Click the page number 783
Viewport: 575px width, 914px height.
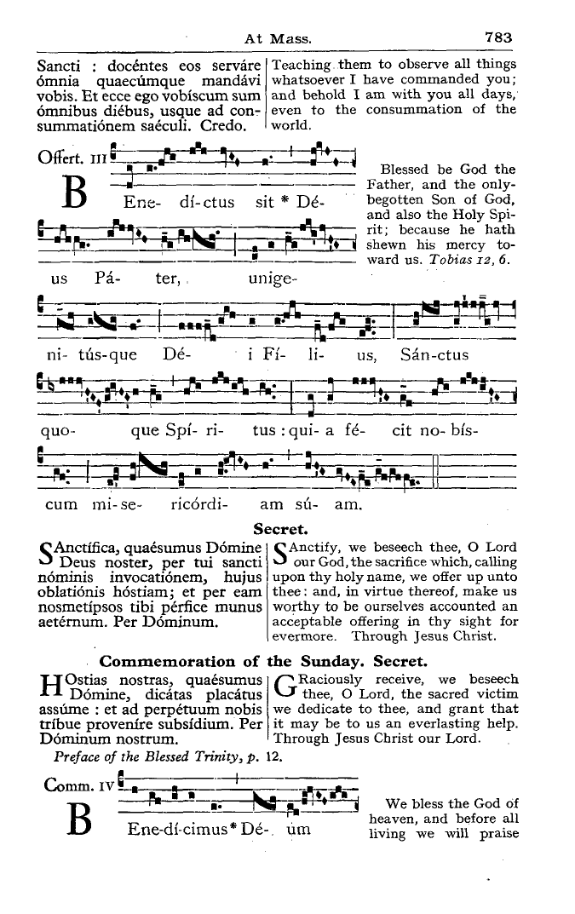(497, 37)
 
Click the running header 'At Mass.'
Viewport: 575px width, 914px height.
(279, 38)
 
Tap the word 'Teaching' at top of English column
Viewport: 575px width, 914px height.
(302, 65)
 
